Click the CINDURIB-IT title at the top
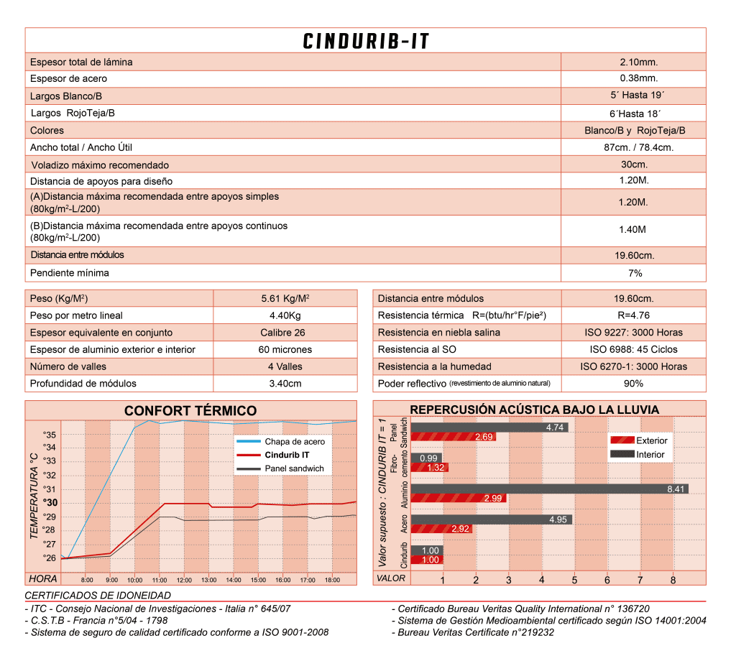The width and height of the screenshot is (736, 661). [366, 41]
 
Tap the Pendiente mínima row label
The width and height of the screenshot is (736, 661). [70, 273]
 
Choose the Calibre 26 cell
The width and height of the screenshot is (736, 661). [285, 333]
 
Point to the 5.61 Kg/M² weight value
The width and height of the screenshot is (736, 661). [285, 298]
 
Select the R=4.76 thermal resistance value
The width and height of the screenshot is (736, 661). [633, 315]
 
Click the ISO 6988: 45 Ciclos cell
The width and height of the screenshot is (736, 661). [633, 349]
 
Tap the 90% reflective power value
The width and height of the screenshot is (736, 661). [633, 384]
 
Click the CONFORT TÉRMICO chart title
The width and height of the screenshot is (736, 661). [190, 411]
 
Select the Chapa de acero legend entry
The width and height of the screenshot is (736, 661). [294, 442]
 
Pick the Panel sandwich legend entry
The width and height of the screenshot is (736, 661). [294, 468]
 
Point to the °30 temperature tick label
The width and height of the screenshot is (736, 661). [50, 503]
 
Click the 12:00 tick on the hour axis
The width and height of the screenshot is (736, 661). [184, 579]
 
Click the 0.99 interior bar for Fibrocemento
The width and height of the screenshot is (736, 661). [429, 458]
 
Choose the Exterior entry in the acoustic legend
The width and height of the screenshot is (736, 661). [651, 440]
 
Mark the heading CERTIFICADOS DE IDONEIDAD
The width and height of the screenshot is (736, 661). [98, 596]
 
